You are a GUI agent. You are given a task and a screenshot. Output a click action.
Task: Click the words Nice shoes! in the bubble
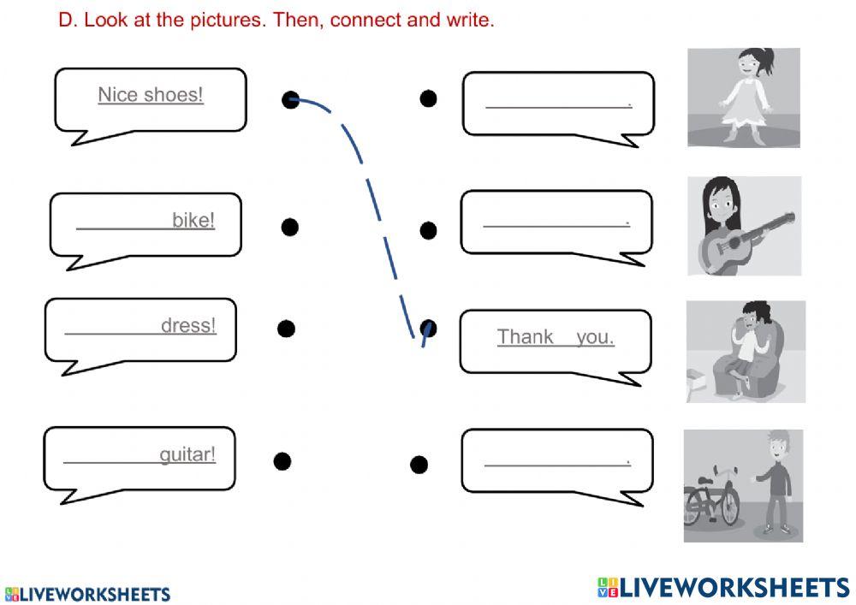click(151, 94)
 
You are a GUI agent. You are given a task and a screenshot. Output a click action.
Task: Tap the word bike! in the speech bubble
click(193, 220)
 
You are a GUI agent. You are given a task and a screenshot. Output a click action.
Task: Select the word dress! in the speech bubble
click(188, 325)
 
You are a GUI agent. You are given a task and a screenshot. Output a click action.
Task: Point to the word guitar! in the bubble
click(187, 454)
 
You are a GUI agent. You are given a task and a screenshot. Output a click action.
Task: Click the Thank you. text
click(556, 336)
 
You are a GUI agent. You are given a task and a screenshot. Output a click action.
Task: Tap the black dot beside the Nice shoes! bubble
click(291, 100)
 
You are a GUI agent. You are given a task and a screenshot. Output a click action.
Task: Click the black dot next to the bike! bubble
click(290, 227)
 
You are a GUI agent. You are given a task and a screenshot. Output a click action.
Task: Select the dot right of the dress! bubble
click(286, 329)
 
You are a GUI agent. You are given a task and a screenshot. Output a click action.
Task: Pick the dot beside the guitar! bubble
click(282, 461)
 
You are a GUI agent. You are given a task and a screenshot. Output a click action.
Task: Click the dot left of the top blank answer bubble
click(428, 98)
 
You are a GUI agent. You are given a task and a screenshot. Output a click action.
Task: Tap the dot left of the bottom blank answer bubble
click(419, 465)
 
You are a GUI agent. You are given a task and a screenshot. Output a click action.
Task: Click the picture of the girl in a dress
click(743, 97)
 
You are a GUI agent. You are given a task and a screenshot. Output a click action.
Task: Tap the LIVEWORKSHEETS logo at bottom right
click(723, 587)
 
